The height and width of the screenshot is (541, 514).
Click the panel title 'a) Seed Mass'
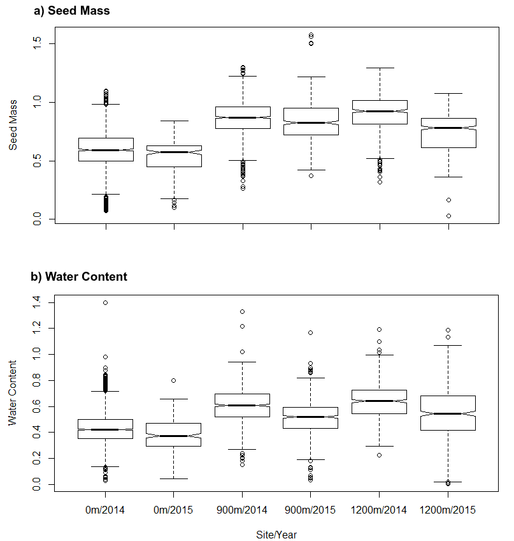(x=70, y=10)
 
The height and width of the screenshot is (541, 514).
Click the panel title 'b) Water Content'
(x=79, y=277)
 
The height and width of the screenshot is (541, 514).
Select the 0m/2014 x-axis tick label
(x=106, y=511)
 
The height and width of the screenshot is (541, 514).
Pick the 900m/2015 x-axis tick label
(x=311, y=511)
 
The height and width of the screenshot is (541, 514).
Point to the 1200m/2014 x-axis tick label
(x=379, y=511)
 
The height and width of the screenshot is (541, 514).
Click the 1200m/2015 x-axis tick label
(x=448, y=511)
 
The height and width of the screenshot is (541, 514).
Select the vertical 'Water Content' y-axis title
(x=13, y=393)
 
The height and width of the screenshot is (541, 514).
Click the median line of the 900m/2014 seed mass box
(x=243, y=117)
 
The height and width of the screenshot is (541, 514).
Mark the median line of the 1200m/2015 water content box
(x=448, y=413)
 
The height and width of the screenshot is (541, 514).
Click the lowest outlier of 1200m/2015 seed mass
(x=448, y=216)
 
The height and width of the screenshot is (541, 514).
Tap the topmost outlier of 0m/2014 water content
(x=106, y=302)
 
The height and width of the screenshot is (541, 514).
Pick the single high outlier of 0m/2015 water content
(x=174, y=380)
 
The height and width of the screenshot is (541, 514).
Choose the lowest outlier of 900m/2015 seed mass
(x=311, y=175)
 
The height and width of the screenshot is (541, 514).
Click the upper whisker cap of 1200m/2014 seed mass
(x=379, y=68)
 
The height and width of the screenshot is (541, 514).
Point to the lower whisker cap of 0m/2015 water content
(x=174, y=478)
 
